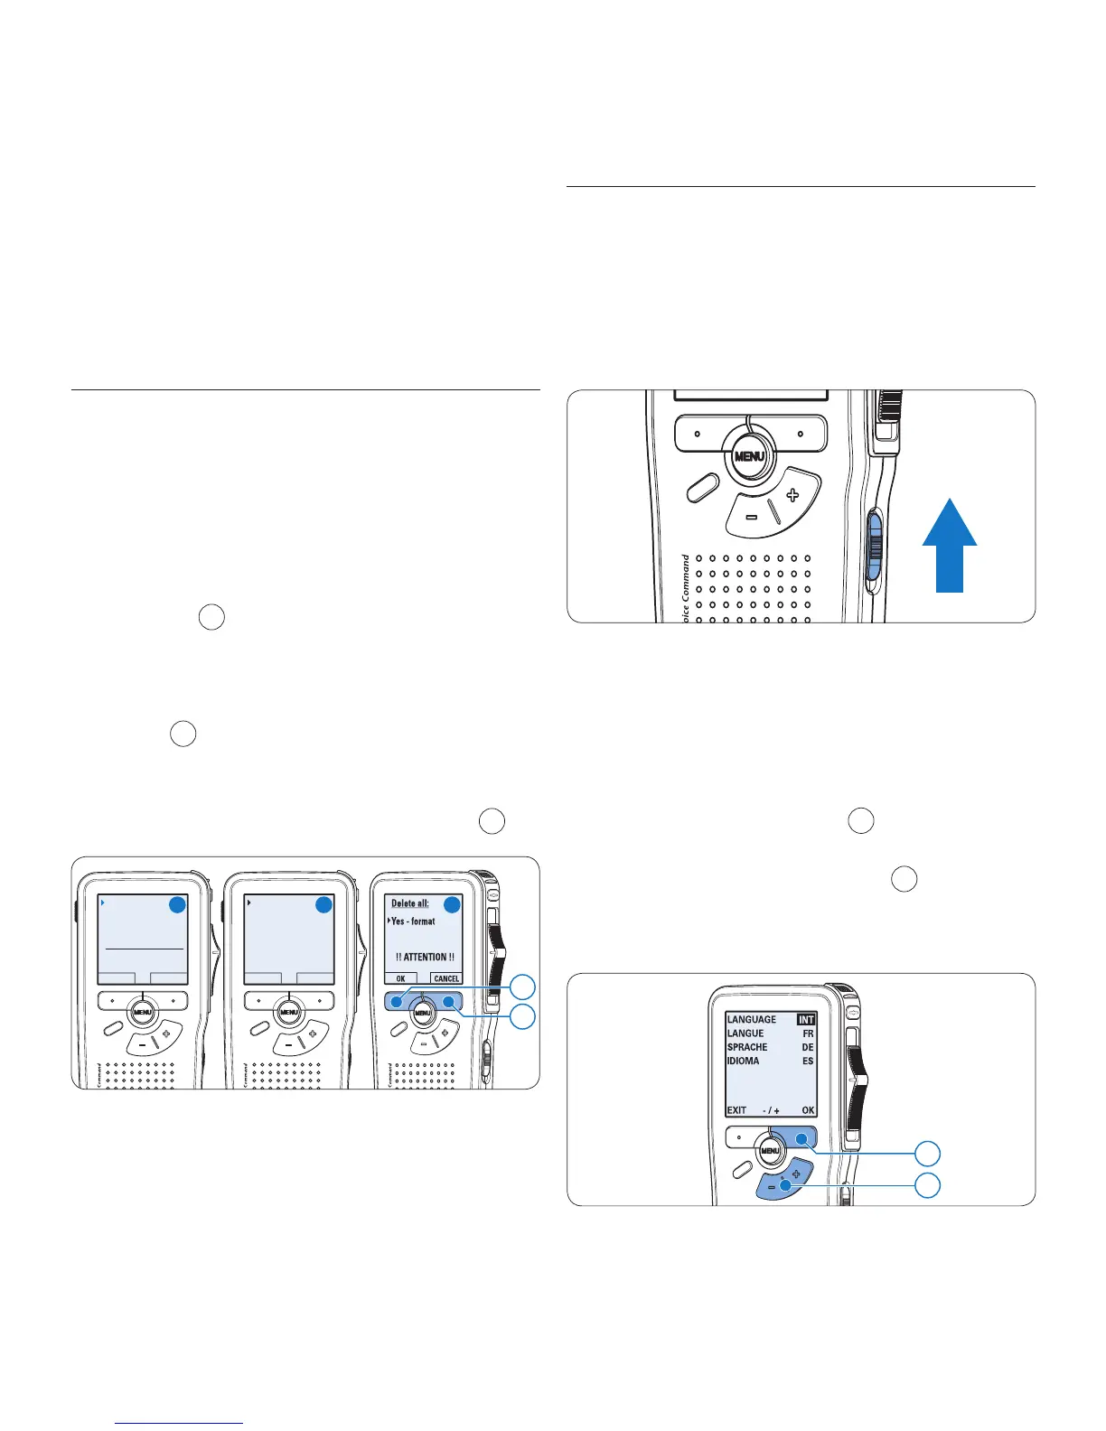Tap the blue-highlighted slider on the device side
click(875, 545)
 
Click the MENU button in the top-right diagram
click(749, 456)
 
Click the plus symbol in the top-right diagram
click(792, 494)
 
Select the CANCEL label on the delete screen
click(446, 978)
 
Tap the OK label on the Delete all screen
click(401, 978)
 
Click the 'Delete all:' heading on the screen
click(410, 903)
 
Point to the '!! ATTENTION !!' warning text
click(425, 957)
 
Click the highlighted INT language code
click(806, 1019)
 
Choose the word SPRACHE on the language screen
click(747, 1047)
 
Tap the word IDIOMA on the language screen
click(744, 1061)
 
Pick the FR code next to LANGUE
click(808, 1033)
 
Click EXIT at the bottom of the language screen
click(736, 1110)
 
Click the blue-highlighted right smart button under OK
click(799, 1136)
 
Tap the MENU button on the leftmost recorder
click(142, 1013)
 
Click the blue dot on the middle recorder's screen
click(324, 904)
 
